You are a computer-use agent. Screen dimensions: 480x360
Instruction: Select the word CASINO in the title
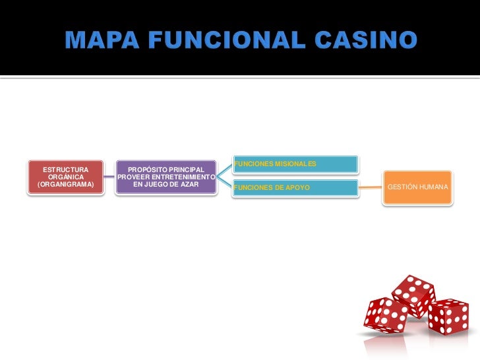[365, 41]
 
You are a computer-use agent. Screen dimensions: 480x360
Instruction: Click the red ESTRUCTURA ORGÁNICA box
[65, 177]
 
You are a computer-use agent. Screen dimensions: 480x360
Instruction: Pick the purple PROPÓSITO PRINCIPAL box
[165, 177]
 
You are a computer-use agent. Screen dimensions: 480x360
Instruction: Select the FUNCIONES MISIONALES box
[295, 164]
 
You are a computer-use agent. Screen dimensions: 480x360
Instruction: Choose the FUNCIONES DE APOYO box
[295, 188]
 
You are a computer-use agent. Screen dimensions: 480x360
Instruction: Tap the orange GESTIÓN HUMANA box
[418, 188]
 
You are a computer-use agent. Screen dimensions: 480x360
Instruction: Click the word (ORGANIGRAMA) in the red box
[65, 185]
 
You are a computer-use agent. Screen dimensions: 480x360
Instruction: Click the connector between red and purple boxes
[109, 177]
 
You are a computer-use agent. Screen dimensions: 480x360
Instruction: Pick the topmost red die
[413, 295]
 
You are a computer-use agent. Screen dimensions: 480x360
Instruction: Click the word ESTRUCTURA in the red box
[65, 169]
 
